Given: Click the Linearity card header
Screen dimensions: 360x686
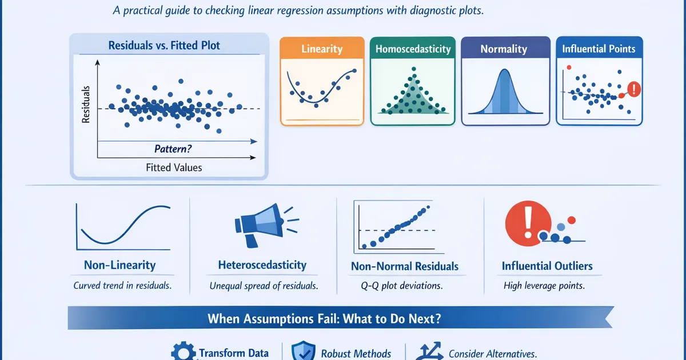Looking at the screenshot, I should tap(322, 49).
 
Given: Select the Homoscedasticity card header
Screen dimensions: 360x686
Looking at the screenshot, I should tap(413, 49).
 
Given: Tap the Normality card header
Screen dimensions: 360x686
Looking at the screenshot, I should tap(504, 49).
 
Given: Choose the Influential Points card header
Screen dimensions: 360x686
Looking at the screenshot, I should tap(599, 49).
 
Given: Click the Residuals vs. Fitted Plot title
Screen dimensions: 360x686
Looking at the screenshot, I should tap(169, 45).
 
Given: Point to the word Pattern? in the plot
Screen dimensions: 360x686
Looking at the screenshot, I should tap(173, 149).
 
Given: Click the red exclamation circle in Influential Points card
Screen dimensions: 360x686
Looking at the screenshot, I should tap(634, 89).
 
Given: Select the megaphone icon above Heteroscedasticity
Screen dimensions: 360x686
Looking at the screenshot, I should tap(260, 225).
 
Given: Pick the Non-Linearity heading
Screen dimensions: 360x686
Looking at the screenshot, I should tap(120, 265).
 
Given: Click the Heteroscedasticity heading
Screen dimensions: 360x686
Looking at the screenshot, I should tap(262, 265).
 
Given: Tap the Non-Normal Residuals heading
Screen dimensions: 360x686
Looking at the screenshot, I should tap(405, 266).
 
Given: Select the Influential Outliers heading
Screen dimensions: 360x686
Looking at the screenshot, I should tap(547, 266).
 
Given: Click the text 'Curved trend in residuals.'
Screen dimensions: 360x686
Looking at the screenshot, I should tap(122, 285).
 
